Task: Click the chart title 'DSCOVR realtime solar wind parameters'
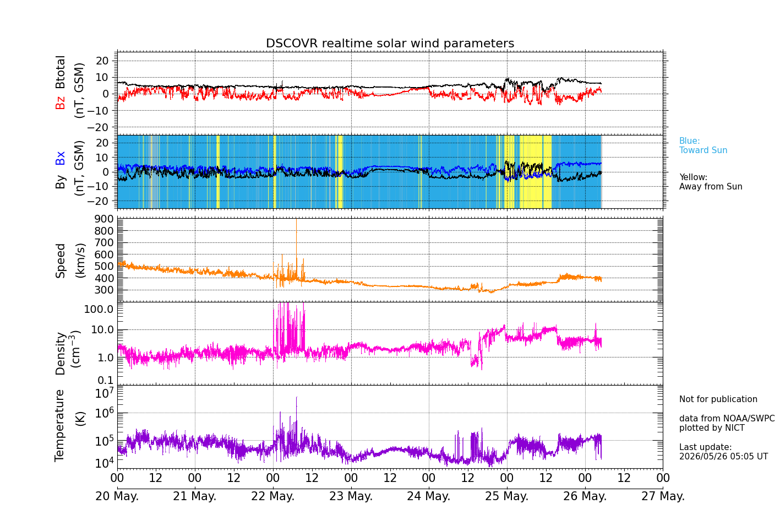390,43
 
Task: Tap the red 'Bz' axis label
60,101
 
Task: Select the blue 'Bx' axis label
60,158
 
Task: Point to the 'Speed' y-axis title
60,261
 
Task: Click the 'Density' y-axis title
60,354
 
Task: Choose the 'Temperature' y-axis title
60,426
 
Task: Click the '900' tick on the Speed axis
104,219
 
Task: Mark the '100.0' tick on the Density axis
99,309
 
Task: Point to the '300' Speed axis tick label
104,290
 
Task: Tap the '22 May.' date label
273,496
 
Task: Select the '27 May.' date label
663,496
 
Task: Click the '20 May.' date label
117,496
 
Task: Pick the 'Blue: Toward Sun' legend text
703,145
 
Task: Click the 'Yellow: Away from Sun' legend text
711,182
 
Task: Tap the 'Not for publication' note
718,399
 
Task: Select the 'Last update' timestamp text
723,452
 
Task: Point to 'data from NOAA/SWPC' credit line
727,418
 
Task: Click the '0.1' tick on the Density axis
106,380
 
